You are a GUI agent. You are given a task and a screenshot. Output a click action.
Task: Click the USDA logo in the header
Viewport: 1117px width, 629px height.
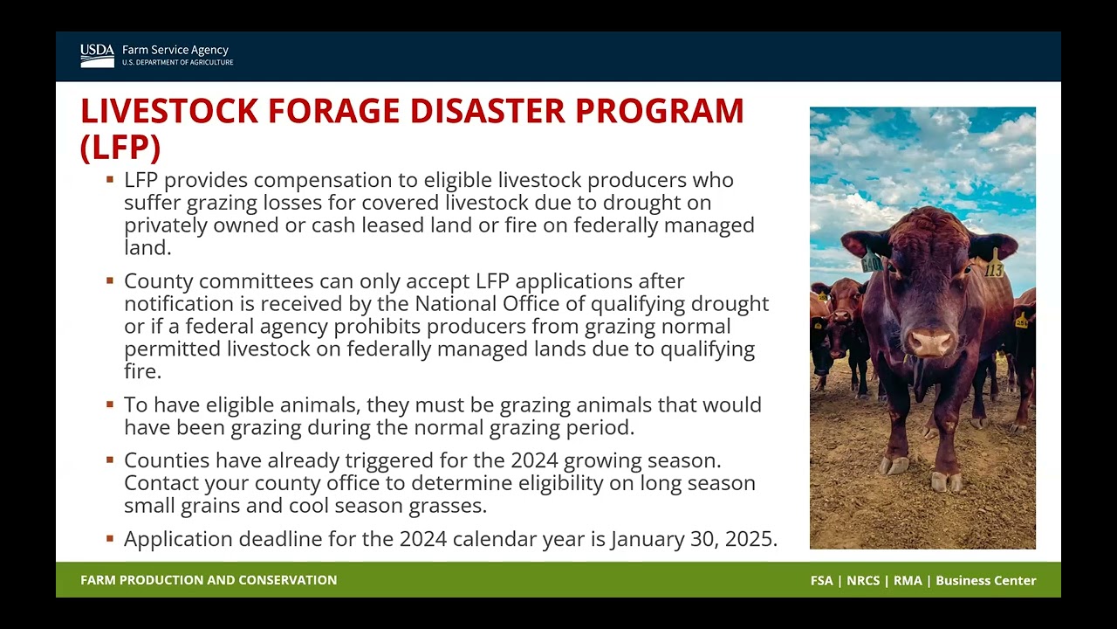click(97, 56)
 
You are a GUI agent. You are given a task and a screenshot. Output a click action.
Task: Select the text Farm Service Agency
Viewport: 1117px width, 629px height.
click(175, 51)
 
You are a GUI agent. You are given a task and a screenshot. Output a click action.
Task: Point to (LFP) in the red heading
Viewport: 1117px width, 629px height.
click(120, 148)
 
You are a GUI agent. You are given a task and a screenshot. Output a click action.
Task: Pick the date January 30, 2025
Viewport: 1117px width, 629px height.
click(693, 539)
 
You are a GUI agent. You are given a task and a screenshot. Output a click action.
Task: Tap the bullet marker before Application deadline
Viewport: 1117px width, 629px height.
click(110, 538)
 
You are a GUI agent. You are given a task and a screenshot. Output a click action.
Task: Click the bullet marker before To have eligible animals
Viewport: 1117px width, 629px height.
click(110, 404)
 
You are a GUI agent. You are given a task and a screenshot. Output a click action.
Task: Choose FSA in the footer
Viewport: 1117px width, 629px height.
click(821, 581)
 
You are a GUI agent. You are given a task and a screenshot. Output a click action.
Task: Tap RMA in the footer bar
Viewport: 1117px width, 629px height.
click(908, 581)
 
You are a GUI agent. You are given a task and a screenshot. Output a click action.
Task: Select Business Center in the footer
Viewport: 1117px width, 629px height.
click(985, 581)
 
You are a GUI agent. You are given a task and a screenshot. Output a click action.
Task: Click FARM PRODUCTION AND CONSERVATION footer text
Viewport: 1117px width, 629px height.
click(209, 580)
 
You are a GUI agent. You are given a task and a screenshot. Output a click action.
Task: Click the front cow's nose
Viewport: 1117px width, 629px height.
click(930, 342)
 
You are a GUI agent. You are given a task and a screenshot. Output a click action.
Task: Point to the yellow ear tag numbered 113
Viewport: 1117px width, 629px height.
click(994, 268)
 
